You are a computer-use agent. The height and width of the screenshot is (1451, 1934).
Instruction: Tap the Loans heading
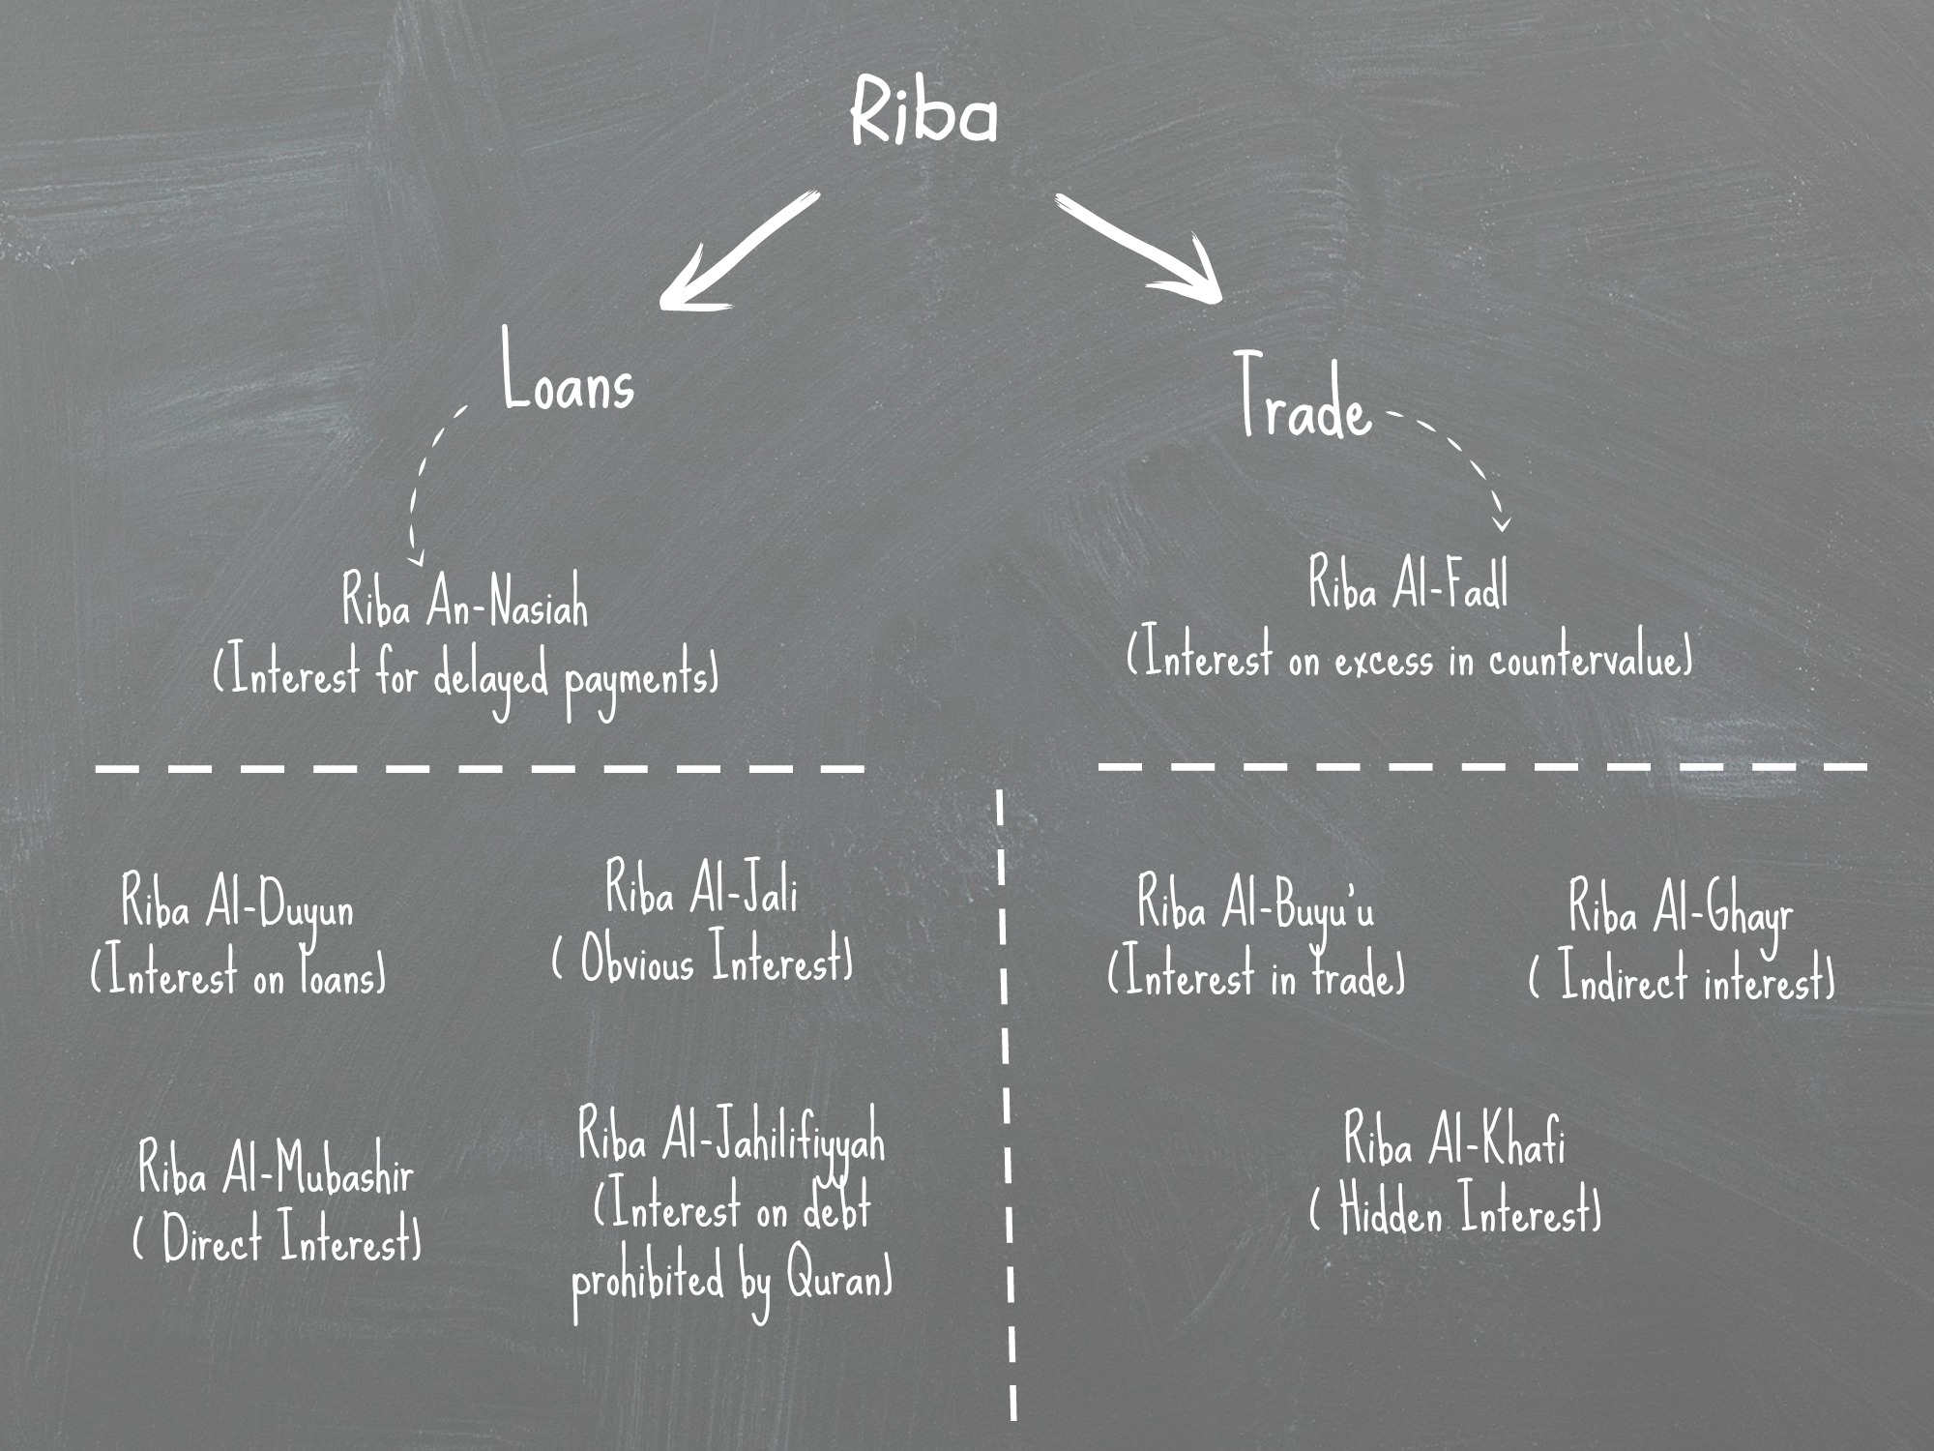tap(568, 372)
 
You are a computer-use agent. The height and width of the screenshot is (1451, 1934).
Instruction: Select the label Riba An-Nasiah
tap(464, 602)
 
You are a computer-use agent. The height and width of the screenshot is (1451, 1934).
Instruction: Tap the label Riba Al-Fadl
tap(1408, 585)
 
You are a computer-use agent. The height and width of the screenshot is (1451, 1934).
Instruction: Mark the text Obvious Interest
tap(703, 961)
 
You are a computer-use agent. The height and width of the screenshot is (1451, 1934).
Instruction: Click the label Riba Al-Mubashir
tap(277, 1168)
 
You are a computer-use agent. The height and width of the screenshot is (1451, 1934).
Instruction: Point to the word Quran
tap(837, 1279)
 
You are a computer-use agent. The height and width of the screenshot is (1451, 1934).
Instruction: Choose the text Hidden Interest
tap(1455, 1212)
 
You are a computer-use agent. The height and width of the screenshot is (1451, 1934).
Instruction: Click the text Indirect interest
tap(1683, 980)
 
